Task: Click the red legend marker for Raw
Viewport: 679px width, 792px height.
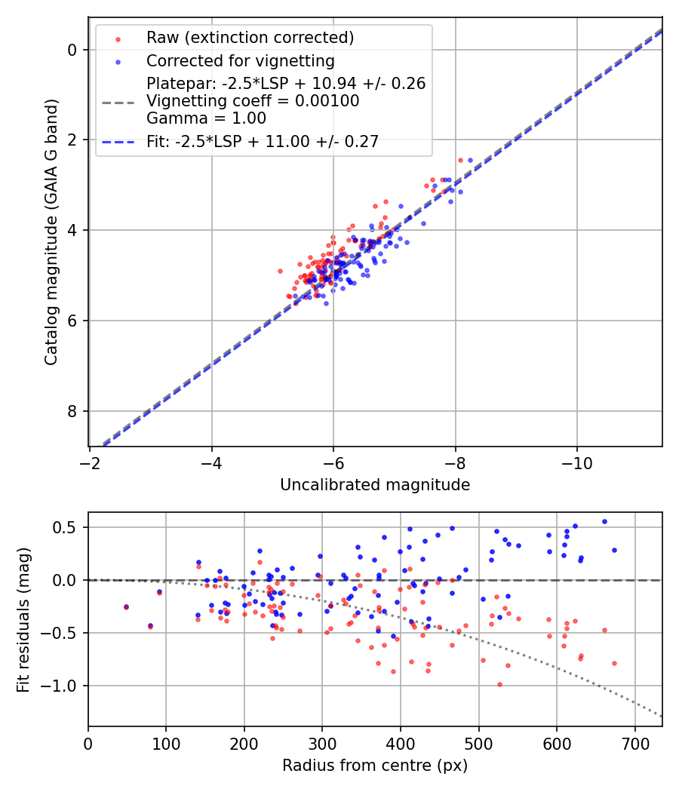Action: (x=117, y=38)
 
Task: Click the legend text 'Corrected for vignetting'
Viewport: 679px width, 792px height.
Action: (x=241, y=60)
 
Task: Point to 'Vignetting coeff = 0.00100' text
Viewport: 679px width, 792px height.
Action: (x=253, y=101)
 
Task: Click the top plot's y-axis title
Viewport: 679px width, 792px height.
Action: (x=51, y=231)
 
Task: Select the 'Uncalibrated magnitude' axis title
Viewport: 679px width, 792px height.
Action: (x=375, y=485)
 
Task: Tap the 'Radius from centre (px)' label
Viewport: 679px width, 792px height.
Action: (x=375, y=766)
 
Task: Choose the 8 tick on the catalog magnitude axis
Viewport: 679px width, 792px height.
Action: (x=72, y=411)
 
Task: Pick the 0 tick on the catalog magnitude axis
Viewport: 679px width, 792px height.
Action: (x=72, y=50)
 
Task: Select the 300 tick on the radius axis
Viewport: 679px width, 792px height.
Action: (x=322, y=743)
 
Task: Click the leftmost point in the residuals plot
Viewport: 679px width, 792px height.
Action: (x=126, y=606)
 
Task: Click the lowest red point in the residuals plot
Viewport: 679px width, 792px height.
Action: (x=499, y=684)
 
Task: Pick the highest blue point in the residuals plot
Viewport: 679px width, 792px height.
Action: (x=604, y=521)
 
